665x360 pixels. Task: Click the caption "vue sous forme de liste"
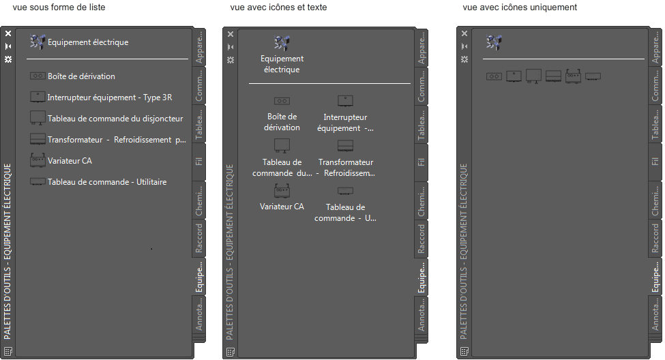tap(59, 7)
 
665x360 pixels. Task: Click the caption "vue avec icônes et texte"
tap(278, 7)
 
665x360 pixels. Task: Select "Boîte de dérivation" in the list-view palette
tap(81, 76)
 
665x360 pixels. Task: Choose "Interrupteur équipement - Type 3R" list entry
tap(109, 97)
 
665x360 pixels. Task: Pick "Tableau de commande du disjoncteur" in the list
tap(115, 119)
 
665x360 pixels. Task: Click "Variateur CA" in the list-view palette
tap(70, 161)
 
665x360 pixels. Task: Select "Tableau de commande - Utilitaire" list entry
tap(107, 182)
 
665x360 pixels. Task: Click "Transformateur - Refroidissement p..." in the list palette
tap(117, 140)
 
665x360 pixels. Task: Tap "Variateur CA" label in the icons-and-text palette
tap(282, 206)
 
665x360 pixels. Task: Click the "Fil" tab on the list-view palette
tap(199, 162)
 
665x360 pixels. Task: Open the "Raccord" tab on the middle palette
tap(422, 239)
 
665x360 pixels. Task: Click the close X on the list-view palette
tap(8, 33)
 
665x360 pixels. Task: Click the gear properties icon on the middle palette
tap(231, 59)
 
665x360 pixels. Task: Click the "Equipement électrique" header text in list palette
tap(88, 42)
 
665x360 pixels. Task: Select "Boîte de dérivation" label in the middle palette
tap(282, 122)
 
